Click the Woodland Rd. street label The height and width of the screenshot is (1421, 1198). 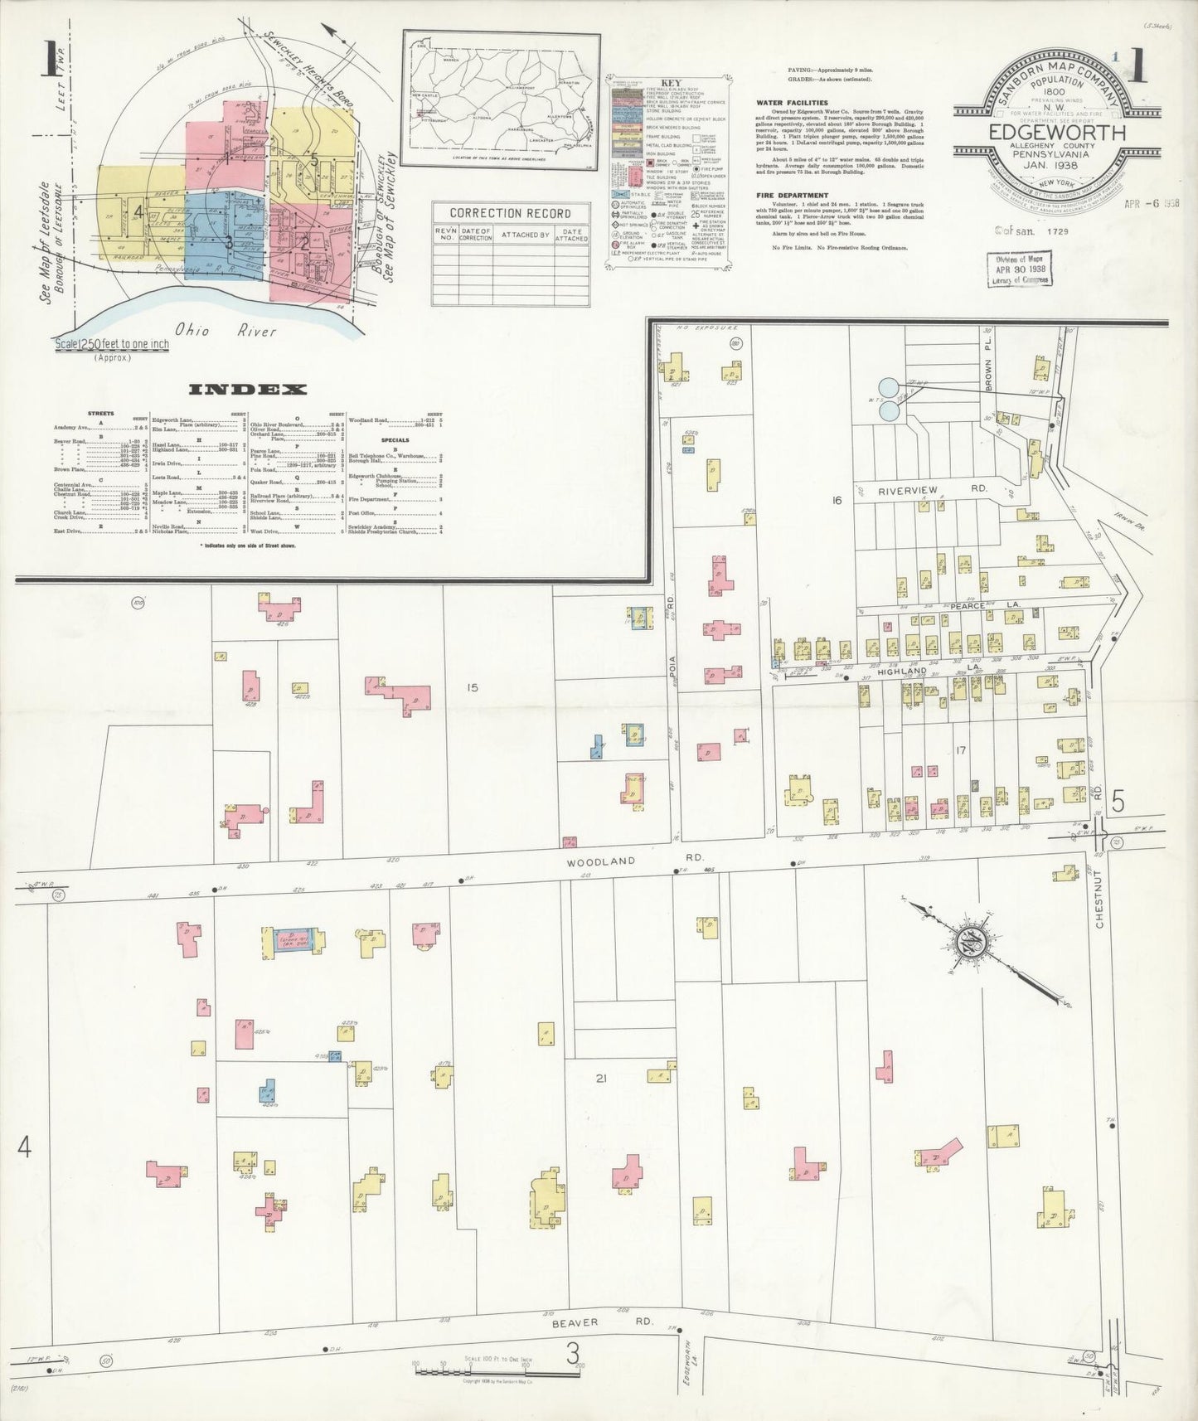(601, 861)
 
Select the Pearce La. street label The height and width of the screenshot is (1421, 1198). (972, 606)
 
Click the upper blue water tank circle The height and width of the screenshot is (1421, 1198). (889, 386)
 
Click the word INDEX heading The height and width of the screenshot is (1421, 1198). (248, 389)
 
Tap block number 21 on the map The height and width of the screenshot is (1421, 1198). (601, 1078)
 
